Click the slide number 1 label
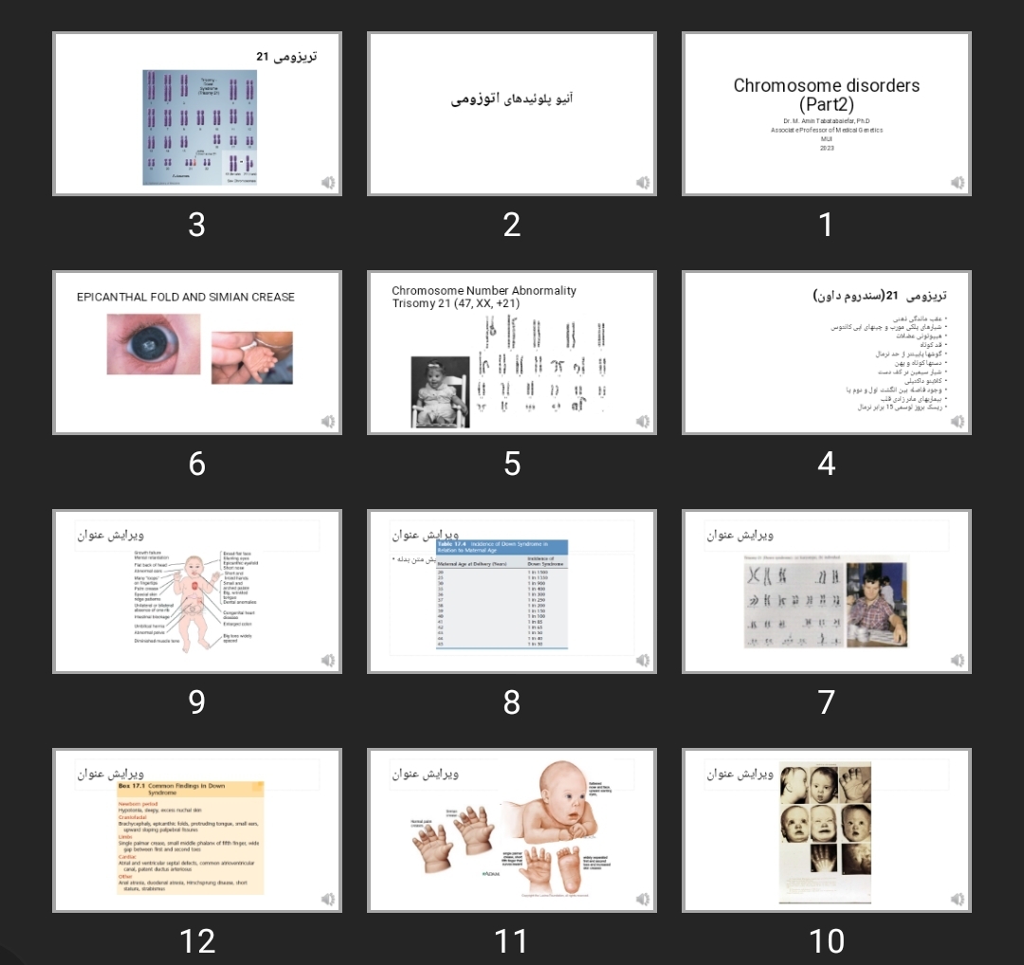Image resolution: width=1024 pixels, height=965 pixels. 826,226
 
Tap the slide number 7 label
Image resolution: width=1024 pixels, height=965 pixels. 826,702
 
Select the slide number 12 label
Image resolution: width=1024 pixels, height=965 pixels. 197,941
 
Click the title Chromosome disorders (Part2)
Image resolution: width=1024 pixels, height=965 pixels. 826,94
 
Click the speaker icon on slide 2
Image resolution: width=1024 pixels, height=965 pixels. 643,182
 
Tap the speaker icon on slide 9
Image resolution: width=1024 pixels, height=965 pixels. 328,660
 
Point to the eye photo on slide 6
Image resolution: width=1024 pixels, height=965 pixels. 154,343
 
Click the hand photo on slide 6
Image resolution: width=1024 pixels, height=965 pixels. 251,356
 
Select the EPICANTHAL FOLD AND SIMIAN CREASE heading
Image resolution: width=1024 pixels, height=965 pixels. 186,297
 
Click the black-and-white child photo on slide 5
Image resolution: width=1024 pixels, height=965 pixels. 440,391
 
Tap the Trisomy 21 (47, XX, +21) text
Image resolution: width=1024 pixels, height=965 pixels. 456,303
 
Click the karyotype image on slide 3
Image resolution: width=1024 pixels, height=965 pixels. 199,127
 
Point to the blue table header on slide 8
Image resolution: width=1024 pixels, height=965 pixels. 502,546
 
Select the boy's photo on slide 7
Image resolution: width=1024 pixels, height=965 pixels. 876,605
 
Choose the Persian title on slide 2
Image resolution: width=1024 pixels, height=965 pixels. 512,99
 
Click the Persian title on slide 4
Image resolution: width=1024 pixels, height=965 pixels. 880,297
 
